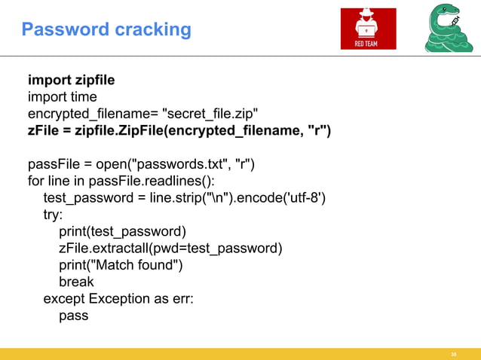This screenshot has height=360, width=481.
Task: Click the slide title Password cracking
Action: pyautogui.click(x=106, y=30)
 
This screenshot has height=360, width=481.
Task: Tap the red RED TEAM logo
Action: pyautogui.click(x=367, y=29)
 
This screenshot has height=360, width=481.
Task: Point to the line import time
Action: pyautogui.click(x=63, y=97)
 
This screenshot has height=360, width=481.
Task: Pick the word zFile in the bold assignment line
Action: pyautogui.click(x=44, y=130)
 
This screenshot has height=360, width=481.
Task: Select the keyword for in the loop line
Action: pyautogui.click(x=35, y=182)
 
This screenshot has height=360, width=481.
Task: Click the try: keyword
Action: pyautogui.click(x=54, y=215)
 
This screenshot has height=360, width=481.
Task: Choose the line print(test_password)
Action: pyautogui.click(x=122, y=231)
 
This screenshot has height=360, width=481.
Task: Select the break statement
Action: pyautogui.click(x=76, y=282)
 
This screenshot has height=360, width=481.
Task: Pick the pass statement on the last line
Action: pyautogui.click(x=74, y=315)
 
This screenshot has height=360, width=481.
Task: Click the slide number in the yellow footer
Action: pyautogui.click(x=454, y=353)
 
